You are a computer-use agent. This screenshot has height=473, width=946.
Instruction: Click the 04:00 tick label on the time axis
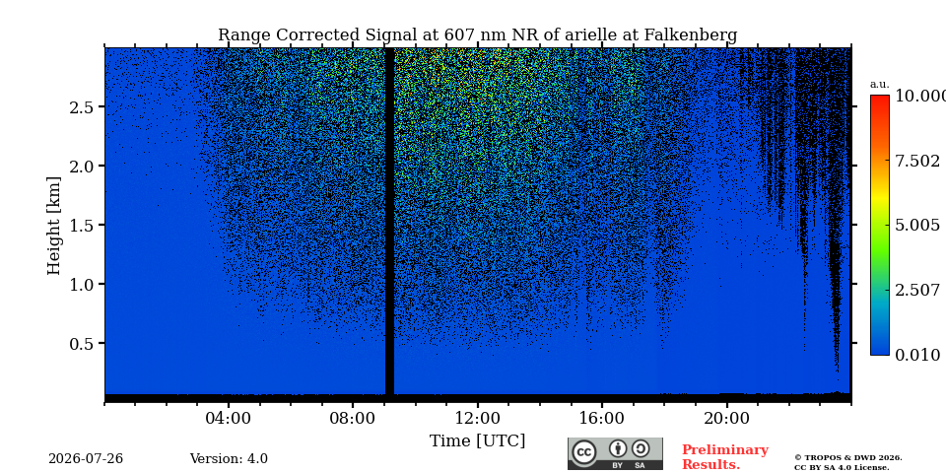(229, 418)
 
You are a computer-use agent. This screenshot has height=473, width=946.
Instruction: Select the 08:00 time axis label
(353, 418)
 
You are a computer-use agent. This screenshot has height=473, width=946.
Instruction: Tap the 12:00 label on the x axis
(478, 418)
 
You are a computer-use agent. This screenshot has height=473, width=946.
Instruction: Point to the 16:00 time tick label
(602, 418)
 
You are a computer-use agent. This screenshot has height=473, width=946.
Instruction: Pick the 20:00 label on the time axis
(726, 418)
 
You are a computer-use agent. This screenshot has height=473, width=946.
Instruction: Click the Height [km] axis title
(53, 226)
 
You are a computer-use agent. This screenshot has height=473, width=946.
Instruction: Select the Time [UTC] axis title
(477, 441)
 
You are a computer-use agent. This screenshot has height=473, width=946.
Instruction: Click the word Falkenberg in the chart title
(690, 35)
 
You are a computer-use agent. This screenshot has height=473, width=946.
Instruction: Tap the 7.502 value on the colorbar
(916, 161)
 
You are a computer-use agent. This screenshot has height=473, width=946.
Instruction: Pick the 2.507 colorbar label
(916, 290)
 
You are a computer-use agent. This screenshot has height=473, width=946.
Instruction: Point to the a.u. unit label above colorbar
(880, 85)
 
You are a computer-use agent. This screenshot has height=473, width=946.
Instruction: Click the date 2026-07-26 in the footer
(86, 459)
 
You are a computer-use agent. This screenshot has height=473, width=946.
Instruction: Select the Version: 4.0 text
(229, 459)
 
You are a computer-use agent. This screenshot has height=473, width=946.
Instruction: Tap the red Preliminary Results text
(725, 457)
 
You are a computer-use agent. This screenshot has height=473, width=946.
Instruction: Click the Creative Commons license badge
(615, 453)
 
